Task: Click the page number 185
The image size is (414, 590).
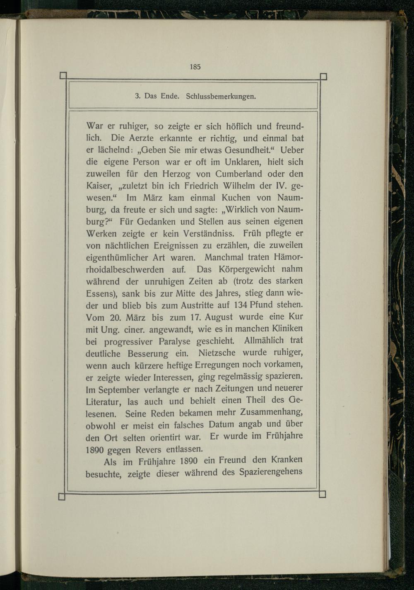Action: tap(195, 67)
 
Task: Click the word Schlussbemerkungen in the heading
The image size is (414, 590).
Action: tap(221, 97)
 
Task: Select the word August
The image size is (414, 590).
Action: tap(212, 317)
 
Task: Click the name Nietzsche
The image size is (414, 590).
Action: tap(217, 353)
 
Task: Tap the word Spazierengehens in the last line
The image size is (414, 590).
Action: tap(271, 472)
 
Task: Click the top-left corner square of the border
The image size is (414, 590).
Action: tap(63, 75)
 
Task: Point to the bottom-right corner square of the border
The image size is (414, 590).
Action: tap(323, 494)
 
